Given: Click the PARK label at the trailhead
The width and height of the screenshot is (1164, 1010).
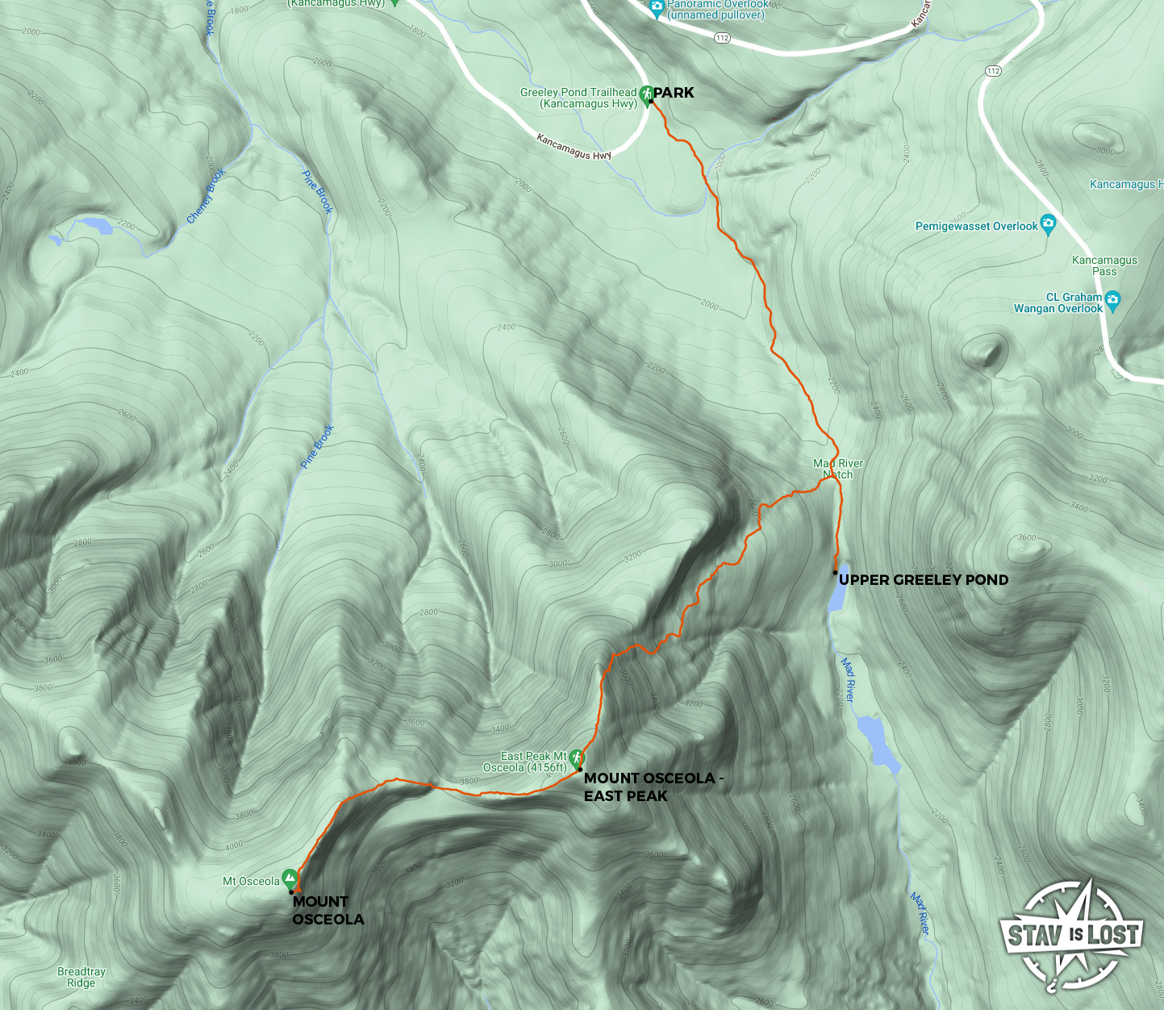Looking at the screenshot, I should pos(674,93).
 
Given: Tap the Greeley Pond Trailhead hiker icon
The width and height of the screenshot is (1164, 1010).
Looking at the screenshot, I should pos(646,96).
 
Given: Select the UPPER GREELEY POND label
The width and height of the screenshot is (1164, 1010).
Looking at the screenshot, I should pos(924,580).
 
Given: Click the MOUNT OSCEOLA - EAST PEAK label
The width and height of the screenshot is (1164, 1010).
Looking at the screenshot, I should pos(653,787).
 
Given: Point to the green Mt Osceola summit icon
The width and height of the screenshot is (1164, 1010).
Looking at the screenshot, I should pos(289,880).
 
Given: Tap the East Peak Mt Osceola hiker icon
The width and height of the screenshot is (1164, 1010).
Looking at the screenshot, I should pos(576,758).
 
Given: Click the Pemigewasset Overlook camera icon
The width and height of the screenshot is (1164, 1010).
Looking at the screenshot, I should pos(1048,223).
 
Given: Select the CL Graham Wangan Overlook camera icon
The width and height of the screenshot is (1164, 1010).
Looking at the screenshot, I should pos(1113,300).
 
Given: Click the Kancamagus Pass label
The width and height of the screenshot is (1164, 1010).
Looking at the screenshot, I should pos(1104,265).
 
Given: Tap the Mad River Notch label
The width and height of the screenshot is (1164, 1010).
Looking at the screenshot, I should pos(838,469).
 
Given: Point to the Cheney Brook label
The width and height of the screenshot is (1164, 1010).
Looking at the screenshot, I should pos(206,195).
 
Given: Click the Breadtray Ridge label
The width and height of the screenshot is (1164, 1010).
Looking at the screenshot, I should pos(81,977).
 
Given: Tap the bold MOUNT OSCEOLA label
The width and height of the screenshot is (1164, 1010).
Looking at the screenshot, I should pos(328,910).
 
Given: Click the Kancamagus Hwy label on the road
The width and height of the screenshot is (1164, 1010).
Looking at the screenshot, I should pos(574,147).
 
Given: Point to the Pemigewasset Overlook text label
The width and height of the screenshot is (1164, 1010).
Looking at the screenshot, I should pos(976,227).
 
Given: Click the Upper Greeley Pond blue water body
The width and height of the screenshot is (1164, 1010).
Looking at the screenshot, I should pos(837,594).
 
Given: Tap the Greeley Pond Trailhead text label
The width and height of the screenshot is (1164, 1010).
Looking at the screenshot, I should pos(578,98).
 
